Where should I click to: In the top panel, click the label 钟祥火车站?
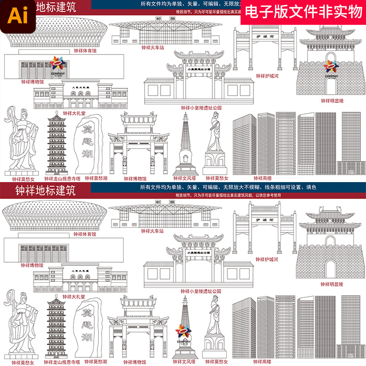(x=153, y=47)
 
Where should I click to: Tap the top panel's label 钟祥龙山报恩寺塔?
(x=63, y=179)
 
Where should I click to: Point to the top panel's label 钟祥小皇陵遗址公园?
(x=201, y=108)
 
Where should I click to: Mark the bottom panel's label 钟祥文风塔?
(x=184, y=361)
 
